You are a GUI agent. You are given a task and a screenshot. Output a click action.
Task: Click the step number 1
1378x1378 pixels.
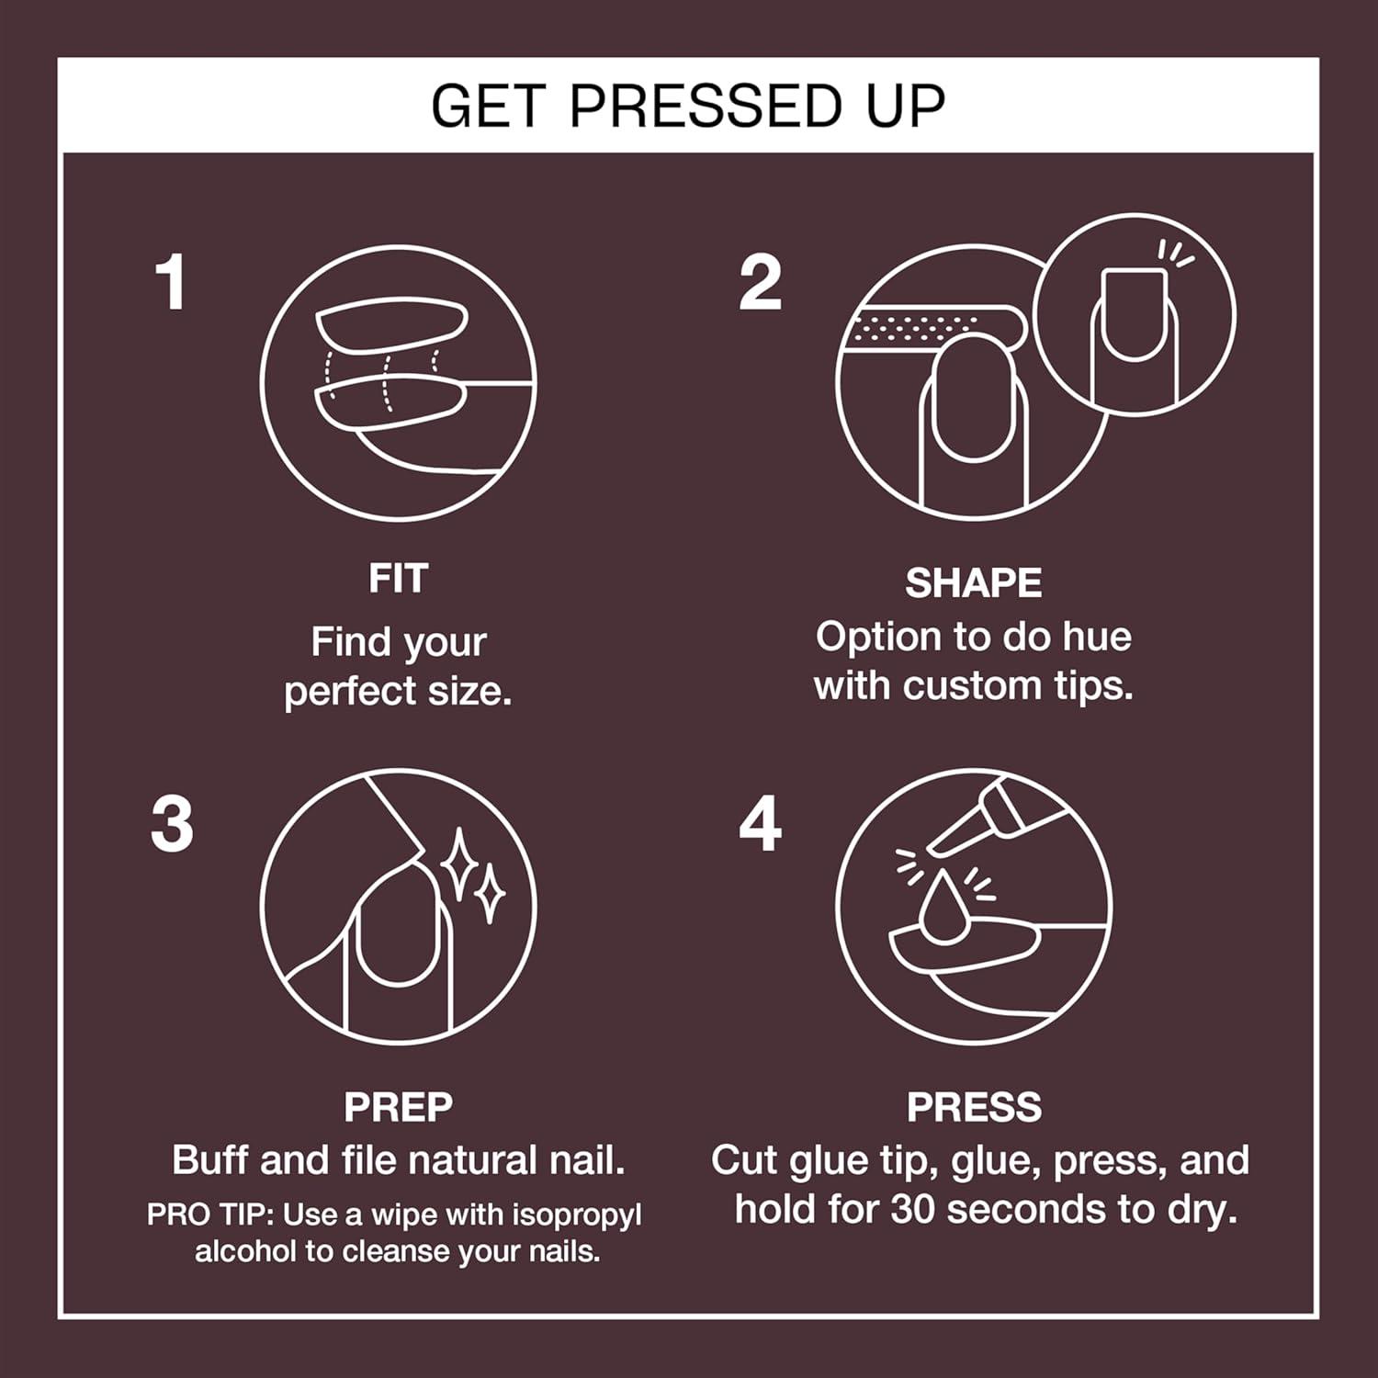coord(172,283)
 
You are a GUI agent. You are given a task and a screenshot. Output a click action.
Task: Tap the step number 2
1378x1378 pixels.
coord(760,283)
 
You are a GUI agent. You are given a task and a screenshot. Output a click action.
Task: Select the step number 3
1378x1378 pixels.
coord(172,824)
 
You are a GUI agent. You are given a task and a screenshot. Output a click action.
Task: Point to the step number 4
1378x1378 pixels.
coord(760,824)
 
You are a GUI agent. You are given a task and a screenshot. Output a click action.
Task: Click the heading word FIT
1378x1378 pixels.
coord(398,579)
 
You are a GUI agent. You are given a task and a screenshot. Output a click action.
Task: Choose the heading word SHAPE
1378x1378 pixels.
coord(973,583)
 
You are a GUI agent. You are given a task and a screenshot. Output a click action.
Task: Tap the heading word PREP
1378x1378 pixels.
coord(398,1107)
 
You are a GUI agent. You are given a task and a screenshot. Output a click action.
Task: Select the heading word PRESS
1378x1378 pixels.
coord(974,1107)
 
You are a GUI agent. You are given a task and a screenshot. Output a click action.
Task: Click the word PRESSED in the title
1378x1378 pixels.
coord(706,106)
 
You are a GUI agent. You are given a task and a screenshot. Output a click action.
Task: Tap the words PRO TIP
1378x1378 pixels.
coord(209,1214)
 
